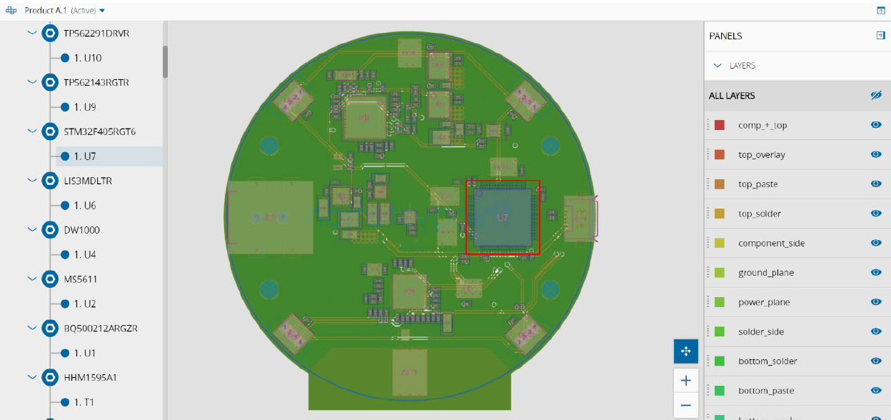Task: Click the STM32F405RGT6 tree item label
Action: coord(99,131)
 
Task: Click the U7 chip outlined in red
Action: coord(503,217)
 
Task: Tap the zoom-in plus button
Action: coord(685,381)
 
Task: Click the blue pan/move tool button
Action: coord(685,351)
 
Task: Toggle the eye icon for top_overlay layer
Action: coord(876,154)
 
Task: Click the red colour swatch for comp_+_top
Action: coord(720,125)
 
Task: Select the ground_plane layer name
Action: coord(765,273)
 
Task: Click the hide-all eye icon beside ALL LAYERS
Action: coord(876,96)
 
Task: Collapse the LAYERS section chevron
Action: coord(718,66)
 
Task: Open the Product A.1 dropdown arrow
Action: coord(102,11)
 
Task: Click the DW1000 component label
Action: coord(81,230)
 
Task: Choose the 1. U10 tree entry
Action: coord(87,58)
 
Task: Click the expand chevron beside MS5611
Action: coord(31,279)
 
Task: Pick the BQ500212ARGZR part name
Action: coord(100,329)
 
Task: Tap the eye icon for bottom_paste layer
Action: coord(876,391)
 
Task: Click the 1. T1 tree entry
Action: coord(84,402)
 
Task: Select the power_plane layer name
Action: coord(764,302)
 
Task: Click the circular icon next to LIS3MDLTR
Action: coord(50,181)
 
